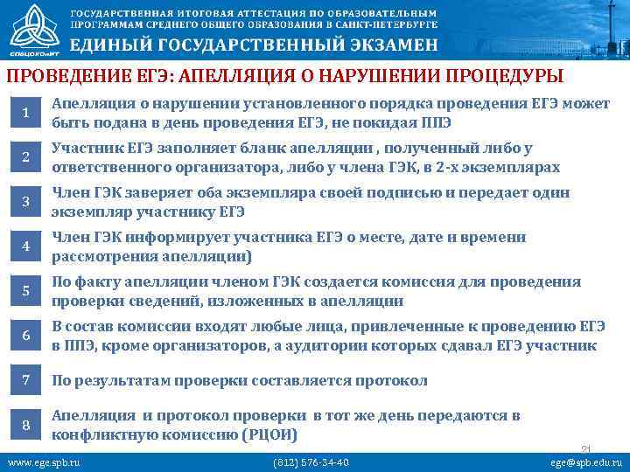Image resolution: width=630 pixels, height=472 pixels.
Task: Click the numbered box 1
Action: (x=26, y=113)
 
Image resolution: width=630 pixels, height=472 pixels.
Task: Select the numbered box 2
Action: (x=26, y=157)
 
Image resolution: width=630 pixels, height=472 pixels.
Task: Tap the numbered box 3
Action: (x=26, y=202)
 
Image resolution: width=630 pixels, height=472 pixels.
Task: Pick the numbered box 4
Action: (x=26, y=246)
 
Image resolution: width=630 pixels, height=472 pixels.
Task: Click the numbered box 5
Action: (x=26, y=291)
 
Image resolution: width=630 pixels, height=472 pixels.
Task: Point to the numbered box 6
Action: (x=26, y=336)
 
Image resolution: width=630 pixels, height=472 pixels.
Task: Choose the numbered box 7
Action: (x=26, y=380)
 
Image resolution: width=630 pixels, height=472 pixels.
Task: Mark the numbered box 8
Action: (x=26, y=425)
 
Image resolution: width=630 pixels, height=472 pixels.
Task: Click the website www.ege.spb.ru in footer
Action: (x=43, y=462)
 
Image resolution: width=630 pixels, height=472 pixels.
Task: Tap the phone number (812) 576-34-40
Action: (x=311, y=462)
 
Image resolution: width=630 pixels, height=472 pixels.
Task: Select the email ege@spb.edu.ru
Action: (x=585, y=462)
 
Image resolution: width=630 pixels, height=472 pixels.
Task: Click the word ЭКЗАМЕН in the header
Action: (x=381, y=45)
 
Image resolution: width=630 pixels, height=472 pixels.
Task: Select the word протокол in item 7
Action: (x=388, y=381)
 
